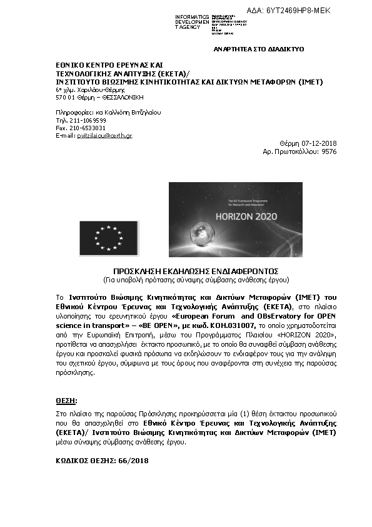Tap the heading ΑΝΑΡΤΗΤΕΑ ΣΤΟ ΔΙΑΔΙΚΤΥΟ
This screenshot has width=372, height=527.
(x=259, y=48)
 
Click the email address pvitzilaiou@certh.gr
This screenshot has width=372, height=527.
(x=104, y=135)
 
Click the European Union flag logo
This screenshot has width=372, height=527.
(x=109, y=238)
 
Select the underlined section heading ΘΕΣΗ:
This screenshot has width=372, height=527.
(x=66, y=399)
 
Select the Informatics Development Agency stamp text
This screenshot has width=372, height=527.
(x=192, y=22)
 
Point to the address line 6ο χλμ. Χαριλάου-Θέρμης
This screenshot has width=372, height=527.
(x=86, y=90)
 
